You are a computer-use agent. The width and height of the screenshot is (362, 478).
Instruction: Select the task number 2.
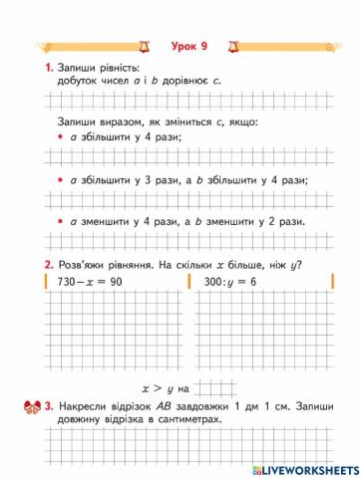(47, 265)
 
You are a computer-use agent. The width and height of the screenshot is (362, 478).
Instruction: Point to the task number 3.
(47, 407)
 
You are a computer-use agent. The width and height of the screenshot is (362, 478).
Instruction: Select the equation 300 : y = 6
(225, 283)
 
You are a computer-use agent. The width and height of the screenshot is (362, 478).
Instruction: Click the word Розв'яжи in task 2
(88, 265)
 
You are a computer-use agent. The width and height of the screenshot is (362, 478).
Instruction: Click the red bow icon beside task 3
(29, 406)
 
